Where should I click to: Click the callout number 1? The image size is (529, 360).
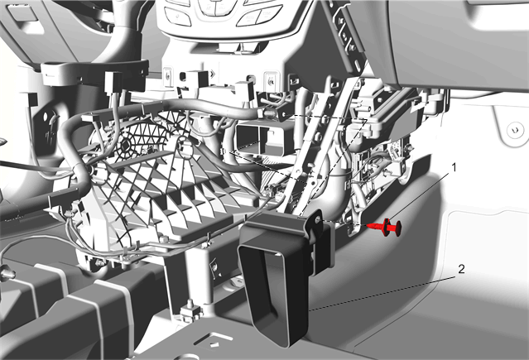pyautogui.click(x=454, y=167)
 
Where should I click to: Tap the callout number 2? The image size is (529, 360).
pyautogui.click(x=461, y=269)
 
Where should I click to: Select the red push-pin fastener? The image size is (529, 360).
pyautogui.click(x=385, y=227)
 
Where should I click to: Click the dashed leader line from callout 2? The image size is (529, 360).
pyautogui.click(x=382, y=293)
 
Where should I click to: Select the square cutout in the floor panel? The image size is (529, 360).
pyautogui.click(x=214, y=341)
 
